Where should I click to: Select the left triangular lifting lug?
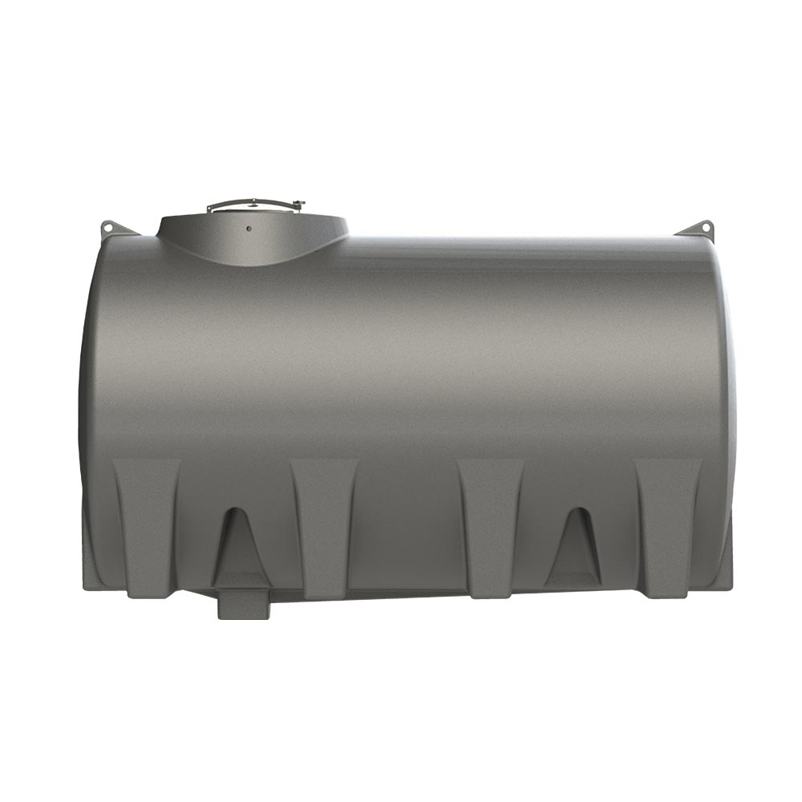114,229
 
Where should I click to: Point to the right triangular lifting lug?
698,228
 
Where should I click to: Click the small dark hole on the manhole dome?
249,228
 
